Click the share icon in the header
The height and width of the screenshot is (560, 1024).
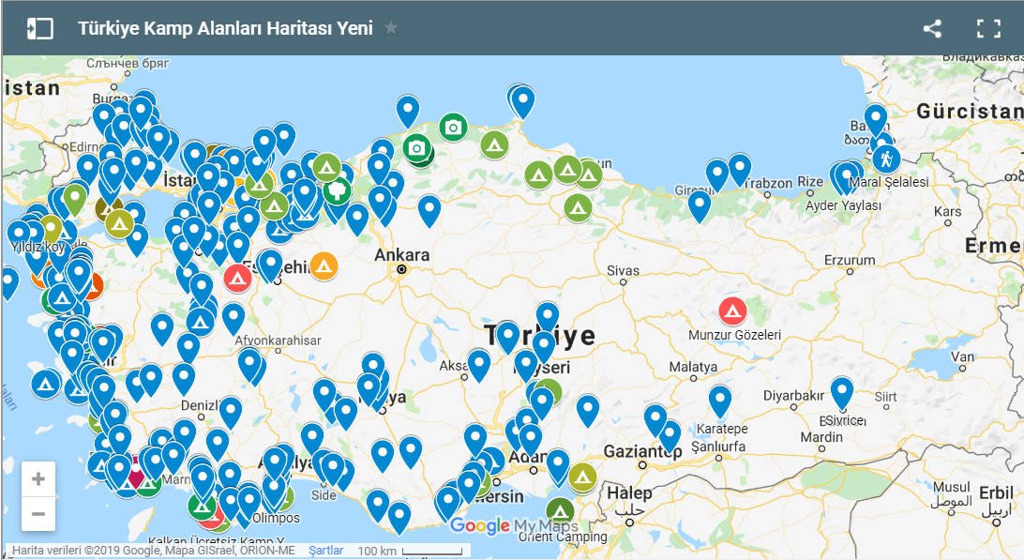tap(932, 28)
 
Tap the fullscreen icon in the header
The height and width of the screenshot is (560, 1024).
tap(988, 28)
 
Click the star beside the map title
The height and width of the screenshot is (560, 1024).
tap(391, 28)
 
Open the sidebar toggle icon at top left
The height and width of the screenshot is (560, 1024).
tap(39, 28)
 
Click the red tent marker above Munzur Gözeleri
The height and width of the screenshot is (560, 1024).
tap(732, 310)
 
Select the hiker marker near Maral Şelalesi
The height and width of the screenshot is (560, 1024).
tap(886, 159)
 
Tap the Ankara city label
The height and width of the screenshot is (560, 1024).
tap(401, 255)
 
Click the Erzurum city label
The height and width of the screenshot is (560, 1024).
tap(849, 260)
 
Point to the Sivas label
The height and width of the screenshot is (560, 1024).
tap(623, 270)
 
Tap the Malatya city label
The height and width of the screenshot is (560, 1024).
tap(694, 366)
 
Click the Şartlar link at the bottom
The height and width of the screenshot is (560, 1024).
tap(325, 551)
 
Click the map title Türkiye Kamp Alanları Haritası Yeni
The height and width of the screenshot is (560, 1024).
tap(225, 28)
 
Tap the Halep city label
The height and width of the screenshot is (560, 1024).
tap(628, 493)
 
